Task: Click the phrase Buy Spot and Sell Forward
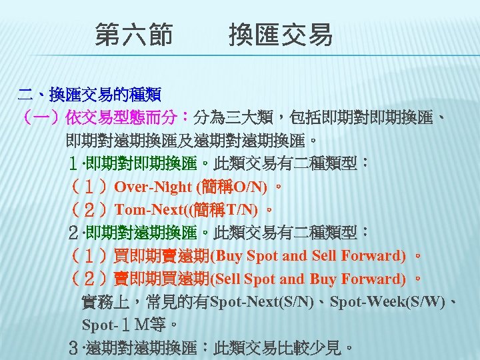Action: point(309,256)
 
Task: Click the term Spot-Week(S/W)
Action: point(387,303)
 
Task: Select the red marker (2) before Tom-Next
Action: point(90,210)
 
